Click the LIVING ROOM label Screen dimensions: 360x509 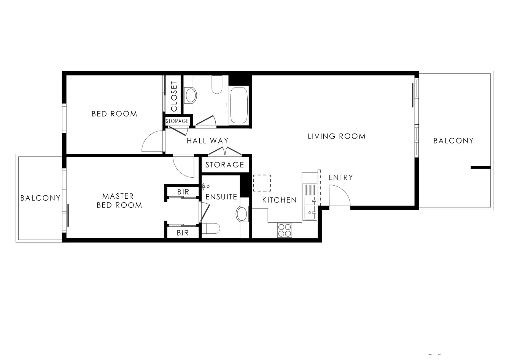coord(336,136)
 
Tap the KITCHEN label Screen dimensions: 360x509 coord(279,200)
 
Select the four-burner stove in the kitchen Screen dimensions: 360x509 coord(284,230)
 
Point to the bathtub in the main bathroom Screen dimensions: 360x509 coord(239,105)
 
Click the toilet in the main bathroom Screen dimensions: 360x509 coord(217,84)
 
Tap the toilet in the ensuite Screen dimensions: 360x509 coord(210,228)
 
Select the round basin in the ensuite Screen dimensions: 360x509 coord(242,214)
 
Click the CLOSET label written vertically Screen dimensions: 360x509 coord(174,96)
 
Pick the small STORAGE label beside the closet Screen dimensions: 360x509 coord(177,121)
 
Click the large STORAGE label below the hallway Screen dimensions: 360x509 coord(224,165)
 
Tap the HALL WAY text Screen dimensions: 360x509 coord(207,141)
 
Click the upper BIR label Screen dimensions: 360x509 coord(183,192)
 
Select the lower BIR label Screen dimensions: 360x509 coord(183,233)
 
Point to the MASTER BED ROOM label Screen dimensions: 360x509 coord(118,201)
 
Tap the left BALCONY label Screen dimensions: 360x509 coord(40,198)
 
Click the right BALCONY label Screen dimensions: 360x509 coord(453,141)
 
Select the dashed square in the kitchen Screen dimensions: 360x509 coord(262,183)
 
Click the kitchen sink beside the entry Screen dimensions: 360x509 coord(309,202)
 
